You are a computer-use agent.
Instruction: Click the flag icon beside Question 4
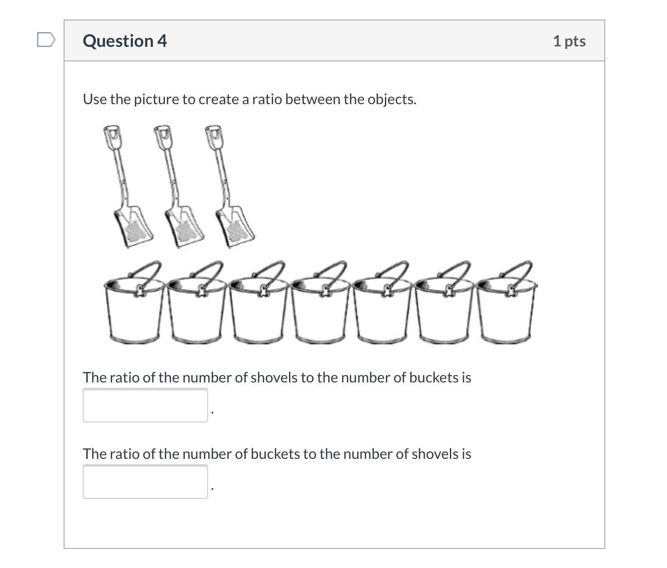tap(46, 40)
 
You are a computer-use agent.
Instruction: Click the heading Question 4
tap(125, 41)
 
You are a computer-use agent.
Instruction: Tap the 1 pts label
tap(569, 41)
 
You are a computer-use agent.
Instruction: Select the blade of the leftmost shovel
tap(133, 227)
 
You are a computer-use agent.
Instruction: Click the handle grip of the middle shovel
tap(163, 137)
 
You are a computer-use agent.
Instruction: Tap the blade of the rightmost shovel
tap(235, 227)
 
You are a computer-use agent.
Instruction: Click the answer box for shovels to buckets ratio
tap(145, 405)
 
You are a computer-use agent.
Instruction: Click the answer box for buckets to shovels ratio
tap(145, 482)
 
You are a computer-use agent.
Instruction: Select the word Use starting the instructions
tap(95, 100)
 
